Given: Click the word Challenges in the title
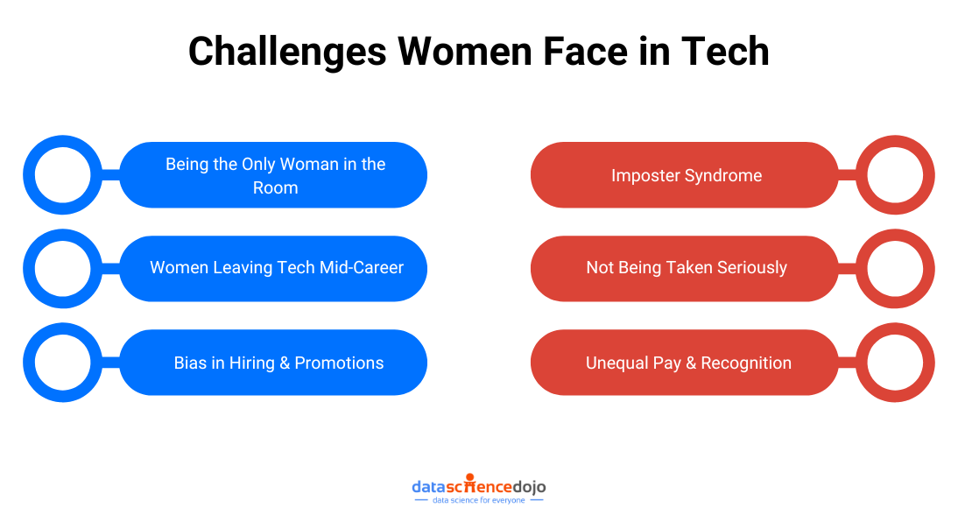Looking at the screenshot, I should pyautogui.click(x=287, y=52).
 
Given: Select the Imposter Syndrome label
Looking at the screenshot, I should pyautogui.click(x=686, y=175).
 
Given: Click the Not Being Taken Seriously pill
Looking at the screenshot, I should pyautogui.click(x=686, y=268).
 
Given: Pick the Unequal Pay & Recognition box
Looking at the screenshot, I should pyautogui.click(x=687, y=363).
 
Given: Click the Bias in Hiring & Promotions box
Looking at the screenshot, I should pyautogui.click(x=278, y=363).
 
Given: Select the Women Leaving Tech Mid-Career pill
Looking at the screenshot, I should pyautogui.click(x=277, y=268).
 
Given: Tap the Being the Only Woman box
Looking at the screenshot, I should pyautogui.click(x=275, y=175).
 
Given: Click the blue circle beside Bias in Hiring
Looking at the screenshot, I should pyautogui.click(x=62, y=363).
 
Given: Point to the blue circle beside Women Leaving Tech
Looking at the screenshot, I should pyautogui.click(x=62, y=268).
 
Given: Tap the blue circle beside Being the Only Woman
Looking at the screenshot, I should pyautogui.click(x=62, y=175).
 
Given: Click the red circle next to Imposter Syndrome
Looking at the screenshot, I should pyautogui.click(x=895, y=175).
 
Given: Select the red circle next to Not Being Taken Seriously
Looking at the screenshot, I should pyautogui.click(x=895, y=268).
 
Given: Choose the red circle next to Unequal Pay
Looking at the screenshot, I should pyautogui.click(x=895, y=363).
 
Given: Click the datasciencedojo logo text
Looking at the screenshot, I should pyautogui.click(x=478, y=485).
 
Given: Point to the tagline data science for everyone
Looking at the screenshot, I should pyautogui.click(x=478, y=500).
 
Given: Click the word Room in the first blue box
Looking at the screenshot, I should pyautogui.click(x=275, y=187).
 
